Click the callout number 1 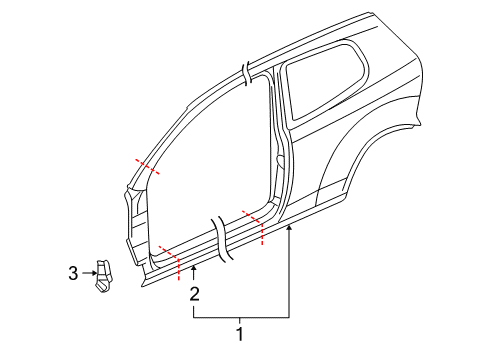240,334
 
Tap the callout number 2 194,294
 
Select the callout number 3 73,273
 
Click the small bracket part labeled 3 103,276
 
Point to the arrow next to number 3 89,273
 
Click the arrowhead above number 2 194,268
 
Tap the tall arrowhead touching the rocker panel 289,228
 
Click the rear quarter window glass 323,83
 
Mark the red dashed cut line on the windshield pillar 147,166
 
